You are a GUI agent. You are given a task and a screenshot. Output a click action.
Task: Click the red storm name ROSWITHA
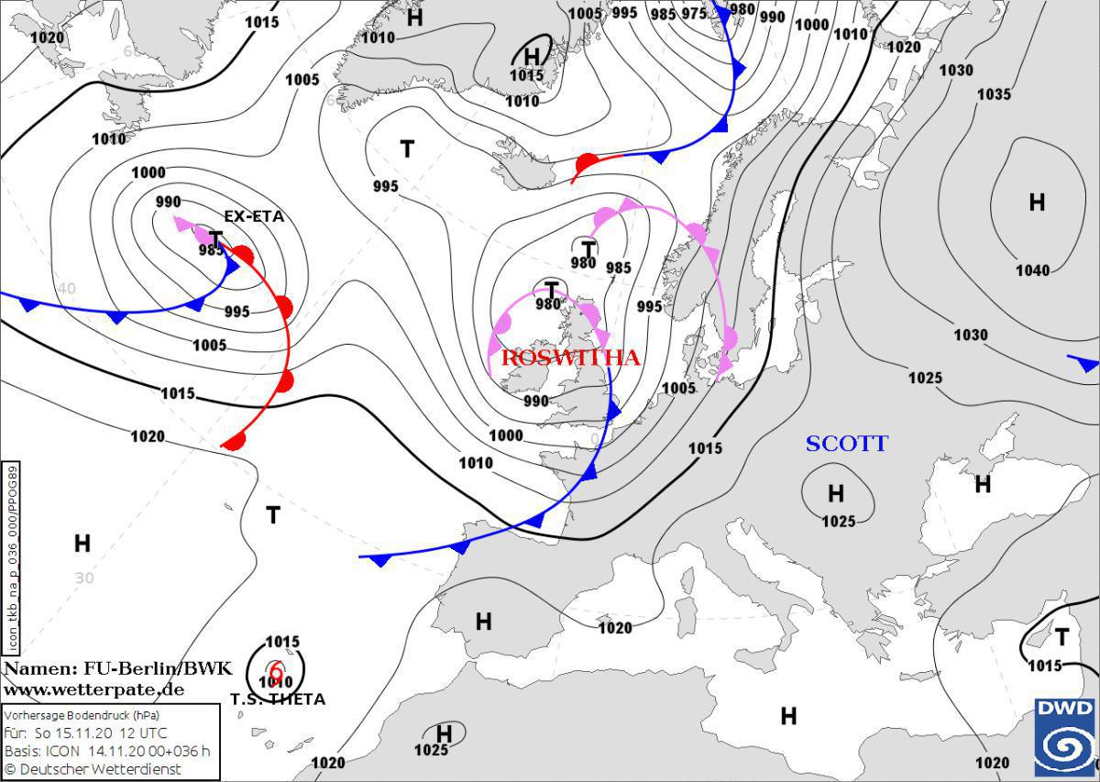tap(570, 358)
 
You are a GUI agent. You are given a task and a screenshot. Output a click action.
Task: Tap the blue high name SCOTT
tap(846, 444)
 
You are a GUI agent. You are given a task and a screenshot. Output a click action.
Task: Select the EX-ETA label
tap(254, 217)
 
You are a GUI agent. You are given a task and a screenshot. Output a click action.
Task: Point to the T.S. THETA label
tap(277, 699)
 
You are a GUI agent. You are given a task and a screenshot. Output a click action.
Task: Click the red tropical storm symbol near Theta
tap(275, 672)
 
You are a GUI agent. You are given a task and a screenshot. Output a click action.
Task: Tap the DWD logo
tap(1065, 736)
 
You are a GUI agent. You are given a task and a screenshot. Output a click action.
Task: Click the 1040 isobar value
tap(1032, 270)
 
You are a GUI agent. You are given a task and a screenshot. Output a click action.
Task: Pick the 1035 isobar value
tap(993, 94)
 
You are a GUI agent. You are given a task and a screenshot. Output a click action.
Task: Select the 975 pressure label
tap(694, 13)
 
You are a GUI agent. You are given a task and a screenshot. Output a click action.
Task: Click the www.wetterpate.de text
tap(93, 689)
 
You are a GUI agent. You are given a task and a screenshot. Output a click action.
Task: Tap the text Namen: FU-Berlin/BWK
tap(118, 669)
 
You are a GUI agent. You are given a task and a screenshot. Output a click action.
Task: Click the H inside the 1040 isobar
tap(1037, 203)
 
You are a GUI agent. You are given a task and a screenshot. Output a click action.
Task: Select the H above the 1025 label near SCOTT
tap(836, 495)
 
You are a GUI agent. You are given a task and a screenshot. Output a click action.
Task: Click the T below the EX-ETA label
tap(215, 238)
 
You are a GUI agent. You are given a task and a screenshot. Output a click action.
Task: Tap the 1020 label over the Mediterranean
tap(614, 628)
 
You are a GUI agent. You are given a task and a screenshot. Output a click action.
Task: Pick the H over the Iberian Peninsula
tap(483, 622)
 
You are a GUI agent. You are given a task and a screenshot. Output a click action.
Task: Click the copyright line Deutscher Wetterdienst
tap(93, 769)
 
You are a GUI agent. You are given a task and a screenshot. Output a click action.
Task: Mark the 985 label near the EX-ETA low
tap(212, 250)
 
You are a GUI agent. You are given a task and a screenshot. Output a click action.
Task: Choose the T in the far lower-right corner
tap(1061, 637)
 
